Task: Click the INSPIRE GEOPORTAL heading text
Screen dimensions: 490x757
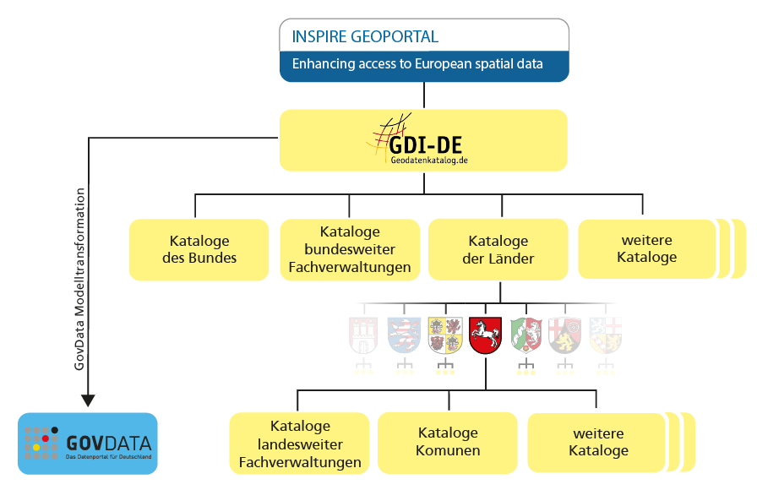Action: pos(364,37)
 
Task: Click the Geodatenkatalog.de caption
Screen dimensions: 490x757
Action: pos(428,160)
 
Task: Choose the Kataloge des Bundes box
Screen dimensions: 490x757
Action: pos(199,249)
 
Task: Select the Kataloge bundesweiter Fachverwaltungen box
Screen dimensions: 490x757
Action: pos(350,249)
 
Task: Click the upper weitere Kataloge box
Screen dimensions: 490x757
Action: pos(646,249)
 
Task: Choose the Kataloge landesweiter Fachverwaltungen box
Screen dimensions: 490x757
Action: pos(300,444)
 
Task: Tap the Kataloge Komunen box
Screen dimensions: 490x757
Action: pos(448,442)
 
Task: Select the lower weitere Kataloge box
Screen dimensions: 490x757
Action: pos(598,442)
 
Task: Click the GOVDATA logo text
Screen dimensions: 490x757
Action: pos(110,443)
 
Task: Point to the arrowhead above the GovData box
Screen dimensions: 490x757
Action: pos(88,400)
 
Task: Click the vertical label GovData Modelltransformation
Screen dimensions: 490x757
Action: pos(80,279)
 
